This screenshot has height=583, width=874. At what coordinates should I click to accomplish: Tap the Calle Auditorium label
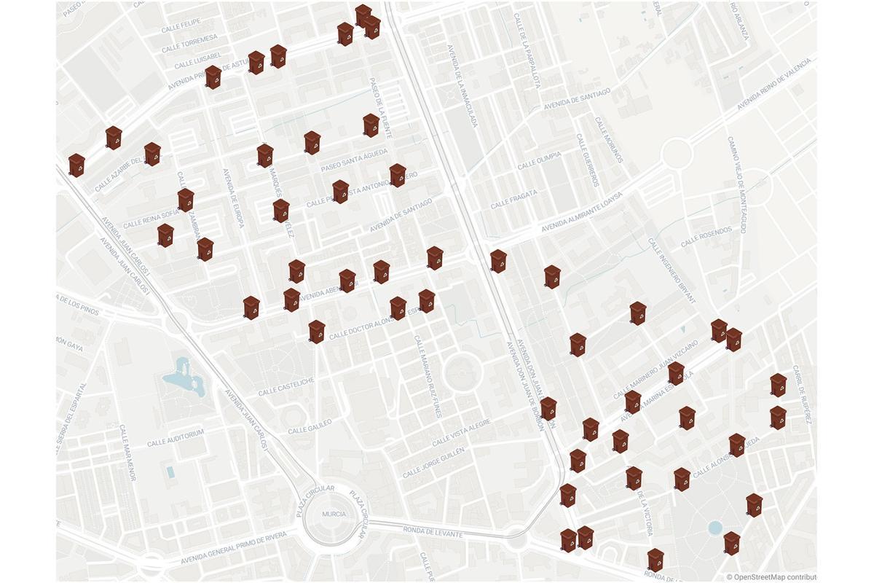point(175,438)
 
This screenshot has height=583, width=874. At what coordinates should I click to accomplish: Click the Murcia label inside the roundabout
point(334,514)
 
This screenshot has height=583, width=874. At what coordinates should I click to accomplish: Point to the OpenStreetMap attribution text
point(771,576)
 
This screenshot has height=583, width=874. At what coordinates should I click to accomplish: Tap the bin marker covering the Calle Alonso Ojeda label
point(737,444)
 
